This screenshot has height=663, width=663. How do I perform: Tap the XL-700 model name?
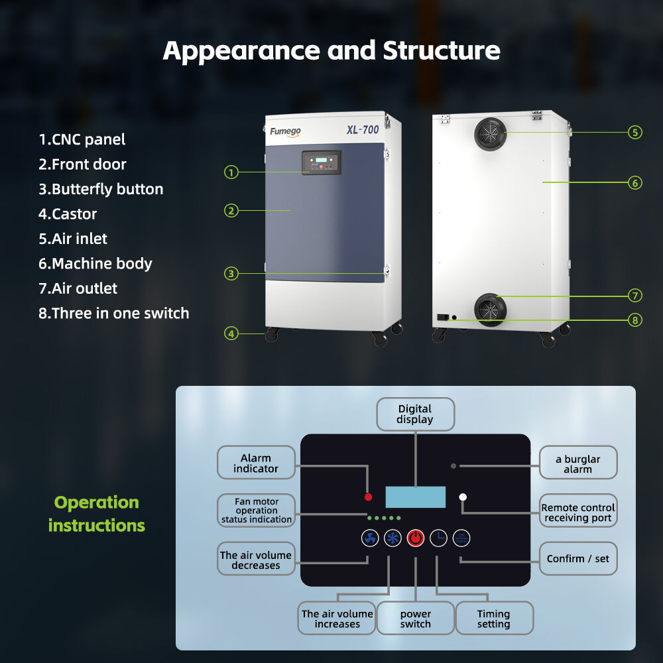coord(362,129)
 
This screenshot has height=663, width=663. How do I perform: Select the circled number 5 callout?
coord(635,132)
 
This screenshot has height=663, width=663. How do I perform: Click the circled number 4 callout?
coord(231,333)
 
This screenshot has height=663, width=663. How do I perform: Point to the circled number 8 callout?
coord(635,320)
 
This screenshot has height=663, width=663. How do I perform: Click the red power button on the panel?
coord(415,538)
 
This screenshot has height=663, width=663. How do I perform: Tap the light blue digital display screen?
coord(415,497)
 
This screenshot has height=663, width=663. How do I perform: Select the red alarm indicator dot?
coord(368,497)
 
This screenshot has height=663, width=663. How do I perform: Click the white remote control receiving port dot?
coord(463,497)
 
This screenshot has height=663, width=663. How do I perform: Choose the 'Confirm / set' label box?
coord(577,559)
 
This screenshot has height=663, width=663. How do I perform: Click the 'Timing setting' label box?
coord(494,618)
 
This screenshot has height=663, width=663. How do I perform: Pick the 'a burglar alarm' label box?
coord(577,463)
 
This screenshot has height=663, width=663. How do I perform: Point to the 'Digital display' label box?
coord(415,414)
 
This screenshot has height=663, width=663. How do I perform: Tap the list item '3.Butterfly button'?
coord(101,189)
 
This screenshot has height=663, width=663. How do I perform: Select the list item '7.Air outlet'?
coord(78,288)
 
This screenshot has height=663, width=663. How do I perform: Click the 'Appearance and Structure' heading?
coord(331,50)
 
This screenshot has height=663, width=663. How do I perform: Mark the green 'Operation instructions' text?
coord(97,514)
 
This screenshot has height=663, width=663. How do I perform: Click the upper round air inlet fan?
coord(490,133)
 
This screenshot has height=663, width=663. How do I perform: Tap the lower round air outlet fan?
coord(490,310)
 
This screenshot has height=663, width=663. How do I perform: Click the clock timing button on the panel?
coord(438,538)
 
